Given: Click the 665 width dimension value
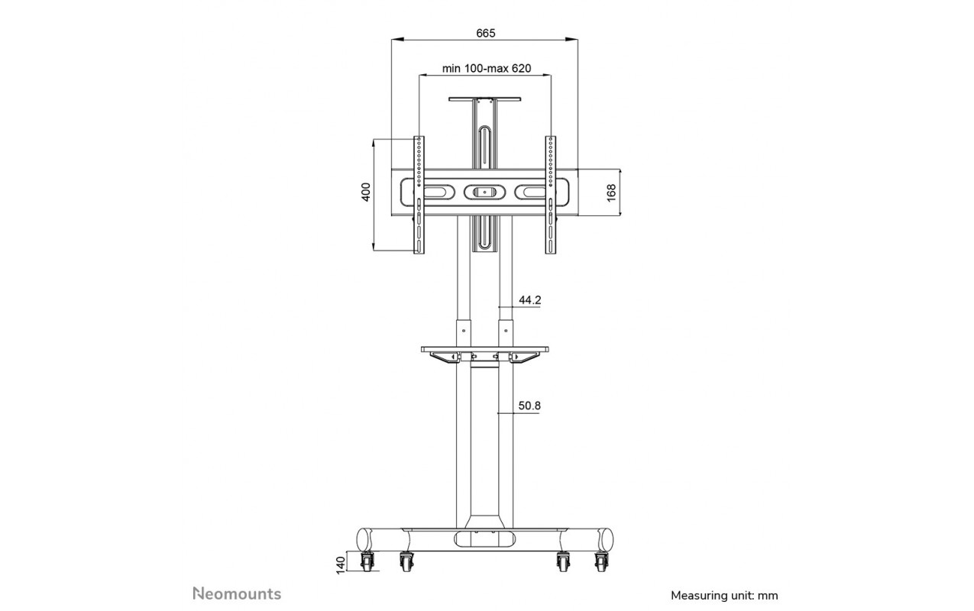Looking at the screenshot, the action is pos(485,33).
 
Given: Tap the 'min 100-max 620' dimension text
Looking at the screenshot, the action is pos(487,68).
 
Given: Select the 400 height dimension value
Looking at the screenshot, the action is pos(366,192).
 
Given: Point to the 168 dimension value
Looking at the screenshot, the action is pos(611,192).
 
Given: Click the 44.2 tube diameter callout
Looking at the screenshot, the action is pos(529,300).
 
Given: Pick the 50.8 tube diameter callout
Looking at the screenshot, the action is pos(529,406).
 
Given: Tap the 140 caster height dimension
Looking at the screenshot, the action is pos(341,565).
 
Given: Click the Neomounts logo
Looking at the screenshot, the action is pos(237,593).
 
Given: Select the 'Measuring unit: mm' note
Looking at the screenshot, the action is pos(724,596).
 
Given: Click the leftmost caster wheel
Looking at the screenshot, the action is pos(367,562).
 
